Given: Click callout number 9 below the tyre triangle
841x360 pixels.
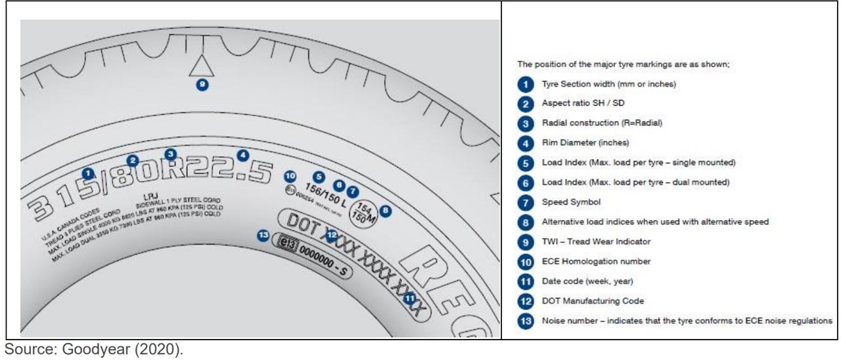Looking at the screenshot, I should [x=203, y=85].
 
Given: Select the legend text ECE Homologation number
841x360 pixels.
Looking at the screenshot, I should [x=595, y=261].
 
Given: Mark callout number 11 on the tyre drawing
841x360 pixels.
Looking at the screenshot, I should [x=410, y=298].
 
